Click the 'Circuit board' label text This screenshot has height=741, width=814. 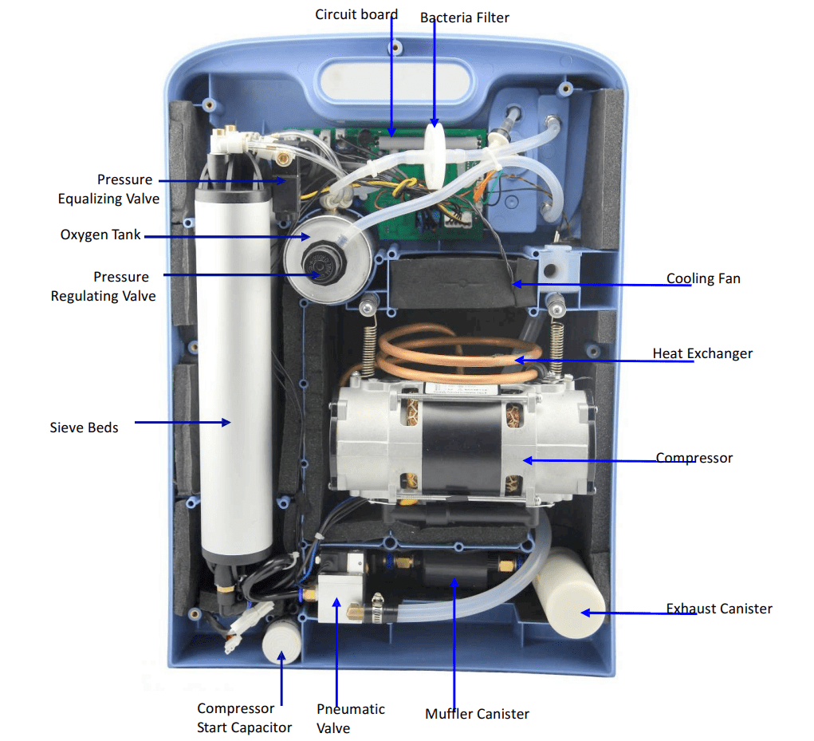pyautogui.click(x=356, y=14)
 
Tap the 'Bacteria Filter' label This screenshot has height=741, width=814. pyautogui.click(x=465, y=17)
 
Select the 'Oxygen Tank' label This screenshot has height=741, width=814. pyautogui.click(x=100, y=235)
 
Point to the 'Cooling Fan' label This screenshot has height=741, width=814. pyautogui.click(x=703, y=278)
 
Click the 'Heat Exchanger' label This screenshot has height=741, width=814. pyautogui.click(x=702, y=353)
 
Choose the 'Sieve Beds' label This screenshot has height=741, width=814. pyautogui.click(x=84, y=428)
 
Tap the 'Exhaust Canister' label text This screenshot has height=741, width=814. pyautogui.click(x=719, y=609)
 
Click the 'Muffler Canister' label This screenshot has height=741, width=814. pyautogui.click(x=477, y=714)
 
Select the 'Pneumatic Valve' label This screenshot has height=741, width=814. pyautogui.click(x=351, y=718)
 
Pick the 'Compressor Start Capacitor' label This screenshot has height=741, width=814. pyautogui.click(x=244, y=718)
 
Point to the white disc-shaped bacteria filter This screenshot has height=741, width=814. pyautogui.click(x=435, y=156)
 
